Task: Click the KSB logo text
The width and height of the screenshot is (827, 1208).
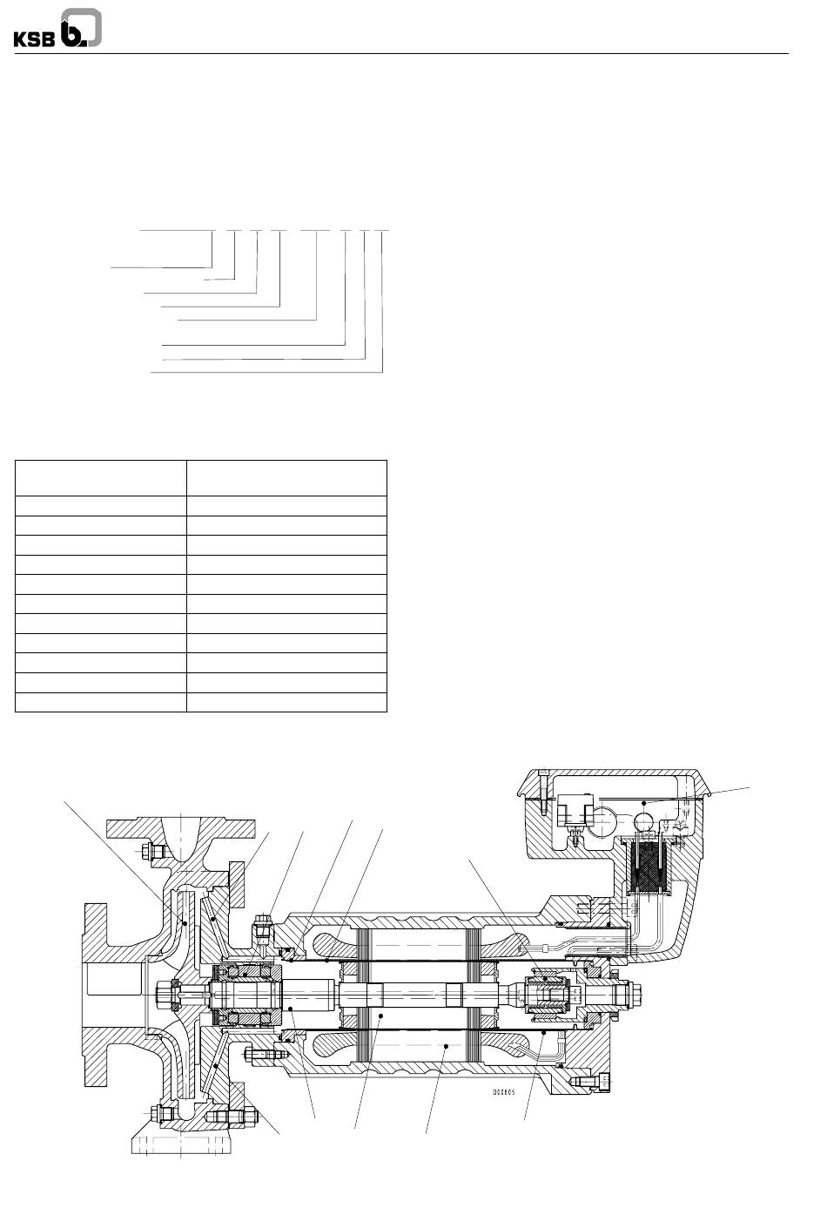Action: (34, 39)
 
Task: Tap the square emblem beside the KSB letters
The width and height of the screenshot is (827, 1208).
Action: (81, 28)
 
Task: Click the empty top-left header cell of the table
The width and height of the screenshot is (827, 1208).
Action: (101, 478)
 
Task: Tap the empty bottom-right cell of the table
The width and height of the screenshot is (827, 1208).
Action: (286, 703)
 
